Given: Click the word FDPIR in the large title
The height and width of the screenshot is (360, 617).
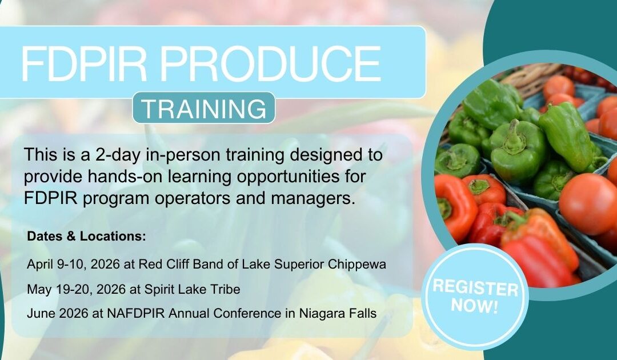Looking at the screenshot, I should [79, 63].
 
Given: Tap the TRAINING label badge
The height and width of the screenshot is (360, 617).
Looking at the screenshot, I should [204, 108].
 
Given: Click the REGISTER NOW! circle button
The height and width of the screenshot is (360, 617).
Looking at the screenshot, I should [475, 295].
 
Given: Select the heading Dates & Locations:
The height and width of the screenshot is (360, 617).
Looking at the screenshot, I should [86, 235].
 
